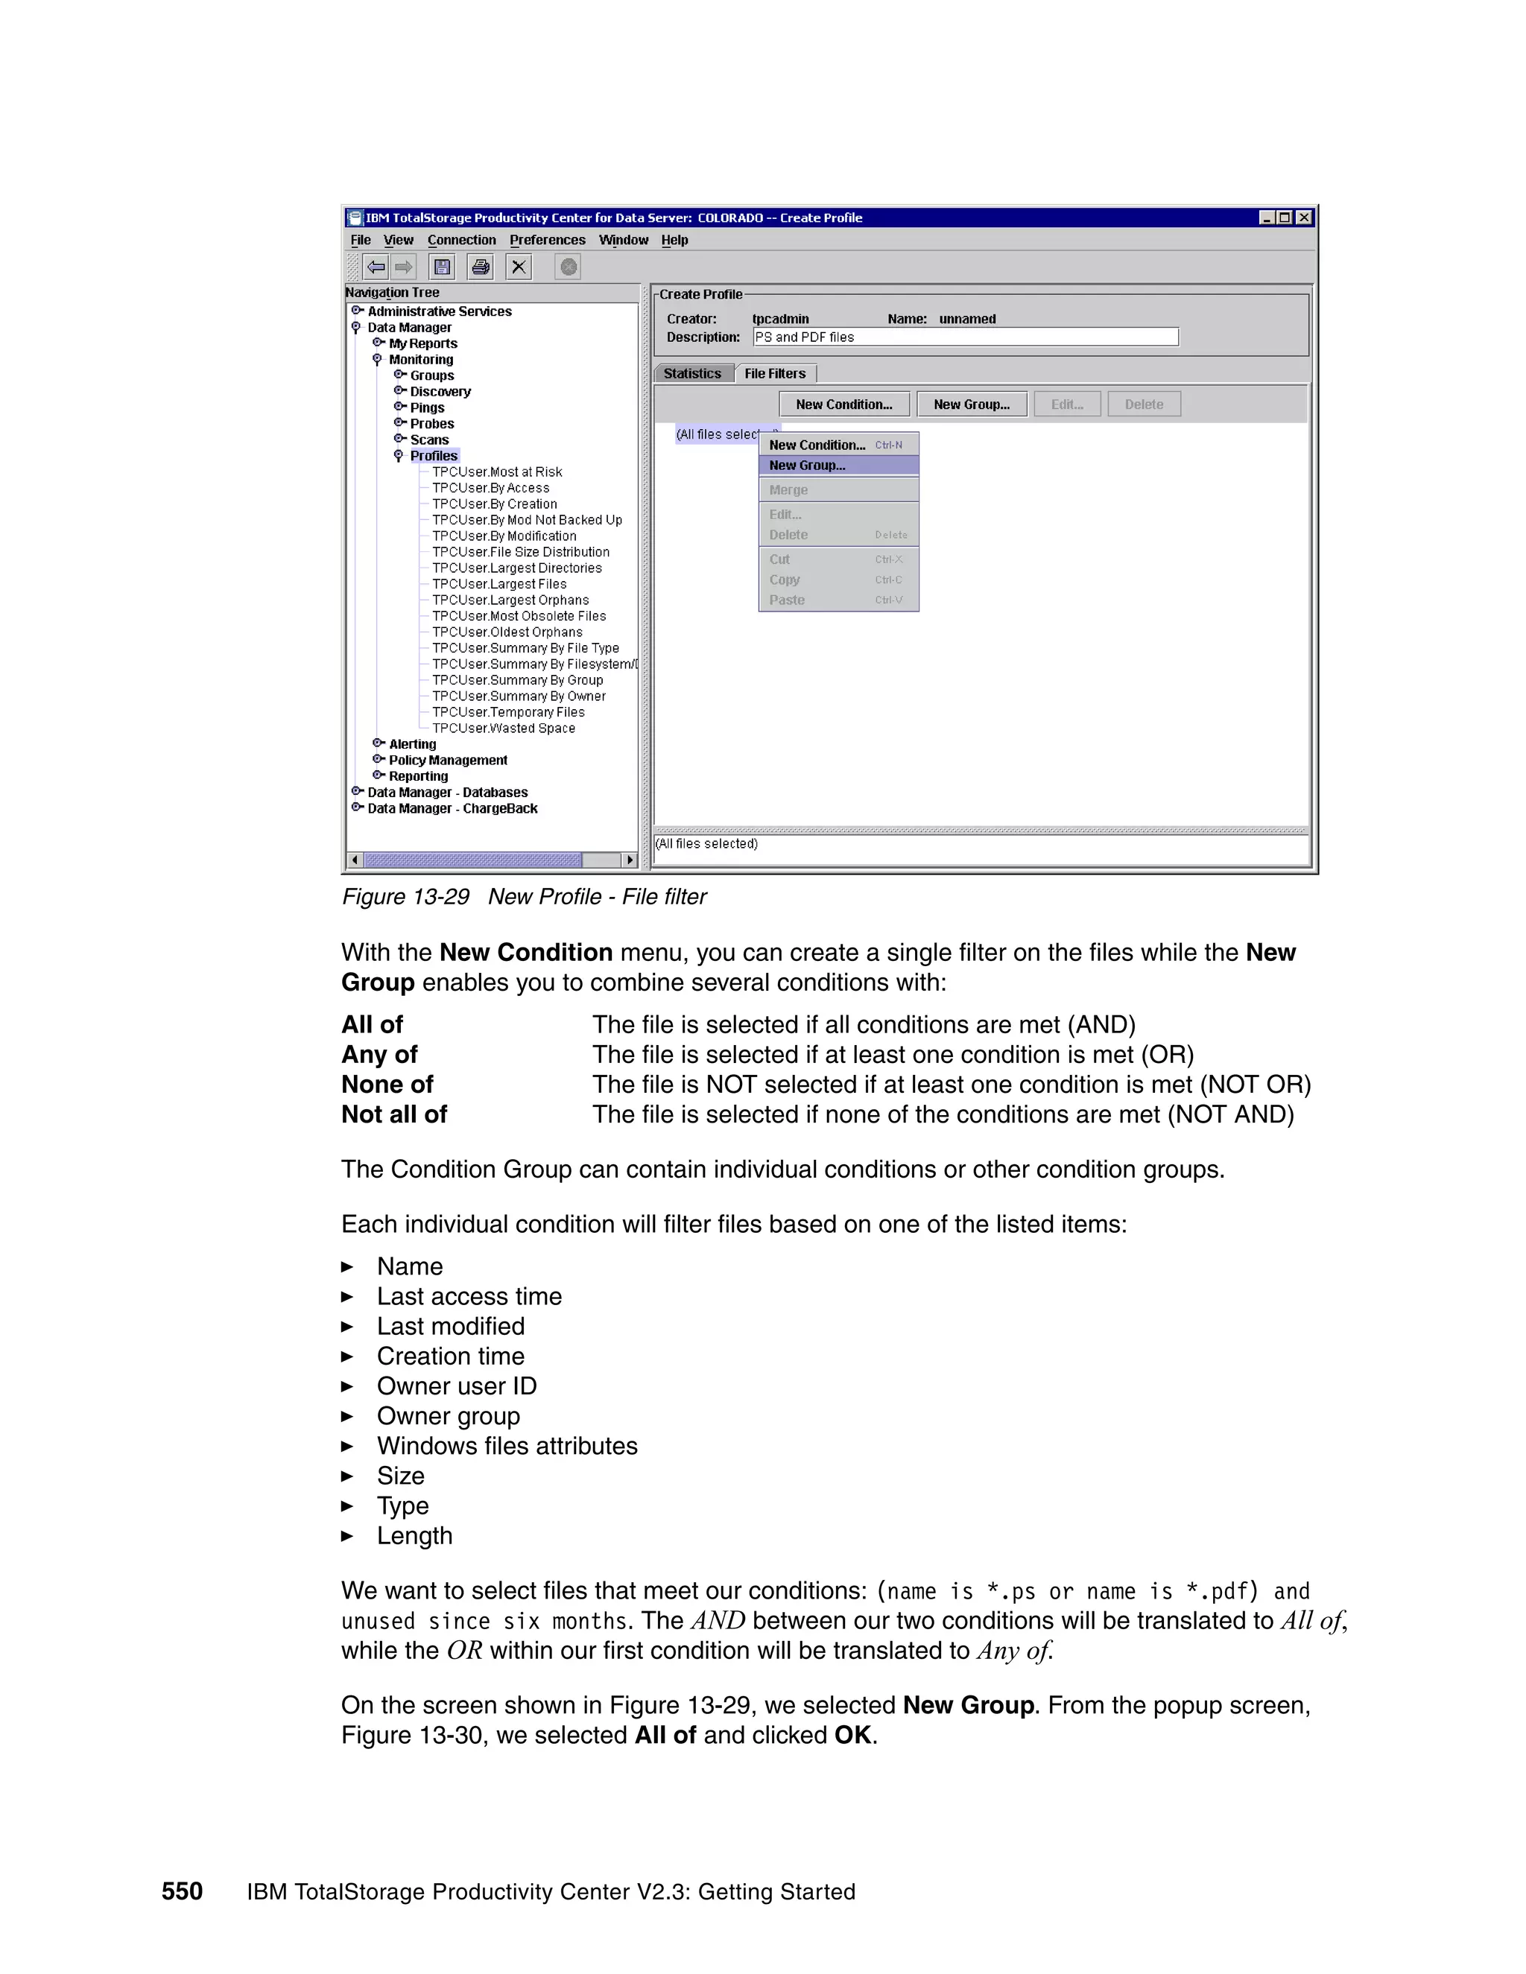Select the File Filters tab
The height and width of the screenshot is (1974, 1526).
coord(775,373)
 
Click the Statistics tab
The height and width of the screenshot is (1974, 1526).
coord(692,373)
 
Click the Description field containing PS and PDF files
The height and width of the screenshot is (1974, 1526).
coord(965,337)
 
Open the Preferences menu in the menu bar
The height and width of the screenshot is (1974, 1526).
coord(547,241)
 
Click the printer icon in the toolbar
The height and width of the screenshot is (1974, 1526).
coord(481,267)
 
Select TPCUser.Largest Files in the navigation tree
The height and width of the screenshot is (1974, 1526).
coord(499,584)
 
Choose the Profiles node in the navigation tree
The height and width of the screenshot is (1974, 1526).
coord(434,456)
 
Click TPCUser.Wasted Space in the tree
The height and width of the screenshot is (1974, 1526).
coord(503,729)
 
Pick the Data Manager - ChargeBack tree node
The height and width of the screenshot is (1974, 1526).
coord(452,809)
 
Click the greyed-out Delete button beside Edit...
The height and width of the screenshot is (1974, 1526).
coord(1144,404)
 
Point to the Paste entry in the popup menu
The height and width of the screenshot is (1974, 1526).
coord(787,600)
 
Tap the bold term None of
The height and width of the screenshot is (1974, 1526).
coord(387,1085)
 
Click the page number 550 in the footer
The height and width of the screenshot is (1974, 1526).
coord(182,1892)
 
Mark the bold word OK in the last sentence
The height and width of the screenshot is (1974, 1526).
coord(852,1736)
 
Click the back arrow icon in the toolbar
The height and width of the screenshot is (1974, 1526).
coord(376,267)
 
